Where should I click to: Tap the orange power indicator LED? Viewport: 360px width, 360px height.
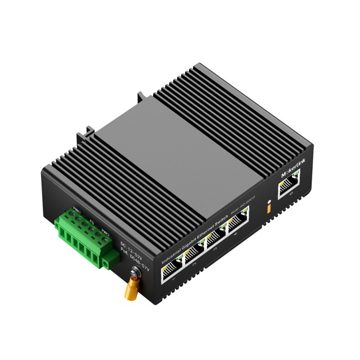pos(269,206)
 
